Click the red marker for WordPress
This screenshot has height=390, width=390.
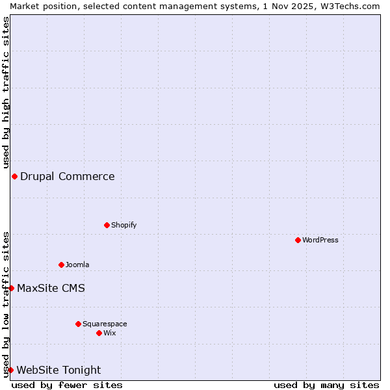(x=298, y=240)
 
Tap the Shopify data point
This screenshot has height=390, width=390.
(x=107, y=225)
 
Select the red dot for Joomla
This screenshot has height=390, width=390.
(x=61, y=265)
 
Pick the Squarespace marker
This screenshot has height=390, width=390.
(x=78, y=324)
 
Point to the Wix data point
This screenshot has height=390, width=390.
(x=99, y=333)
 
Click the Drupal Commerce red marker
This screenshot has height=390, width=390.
(x=14, y=176)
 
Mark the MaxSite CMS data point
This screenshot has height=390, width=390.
(x=11, y=288)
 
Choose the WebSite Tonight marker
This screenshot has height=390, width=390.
(x=10, y=370)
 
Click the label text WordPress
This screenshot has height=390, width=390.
(x=320, y=240)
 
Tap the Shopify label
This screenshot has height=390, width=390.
(x=123, y=225)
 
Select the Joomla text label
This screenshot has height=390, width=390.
(x=77, y=265)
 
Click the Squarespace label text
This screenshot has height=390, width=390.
(x=105, y=324)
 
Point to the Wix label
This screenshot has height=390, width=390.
(x=110, y=333)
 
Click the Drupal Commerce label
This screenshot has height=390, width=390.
(x=68, y=176)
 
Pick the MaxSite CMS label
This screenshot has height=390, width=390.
(x=51, y=288)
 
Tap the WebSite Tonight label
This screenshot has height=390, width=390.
(x=58, y=370)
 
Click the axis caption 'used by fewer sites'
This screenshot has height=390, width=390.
(x=67, y=385)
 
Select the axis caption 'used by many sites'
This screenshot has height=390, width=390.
(x=326, y=385)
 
